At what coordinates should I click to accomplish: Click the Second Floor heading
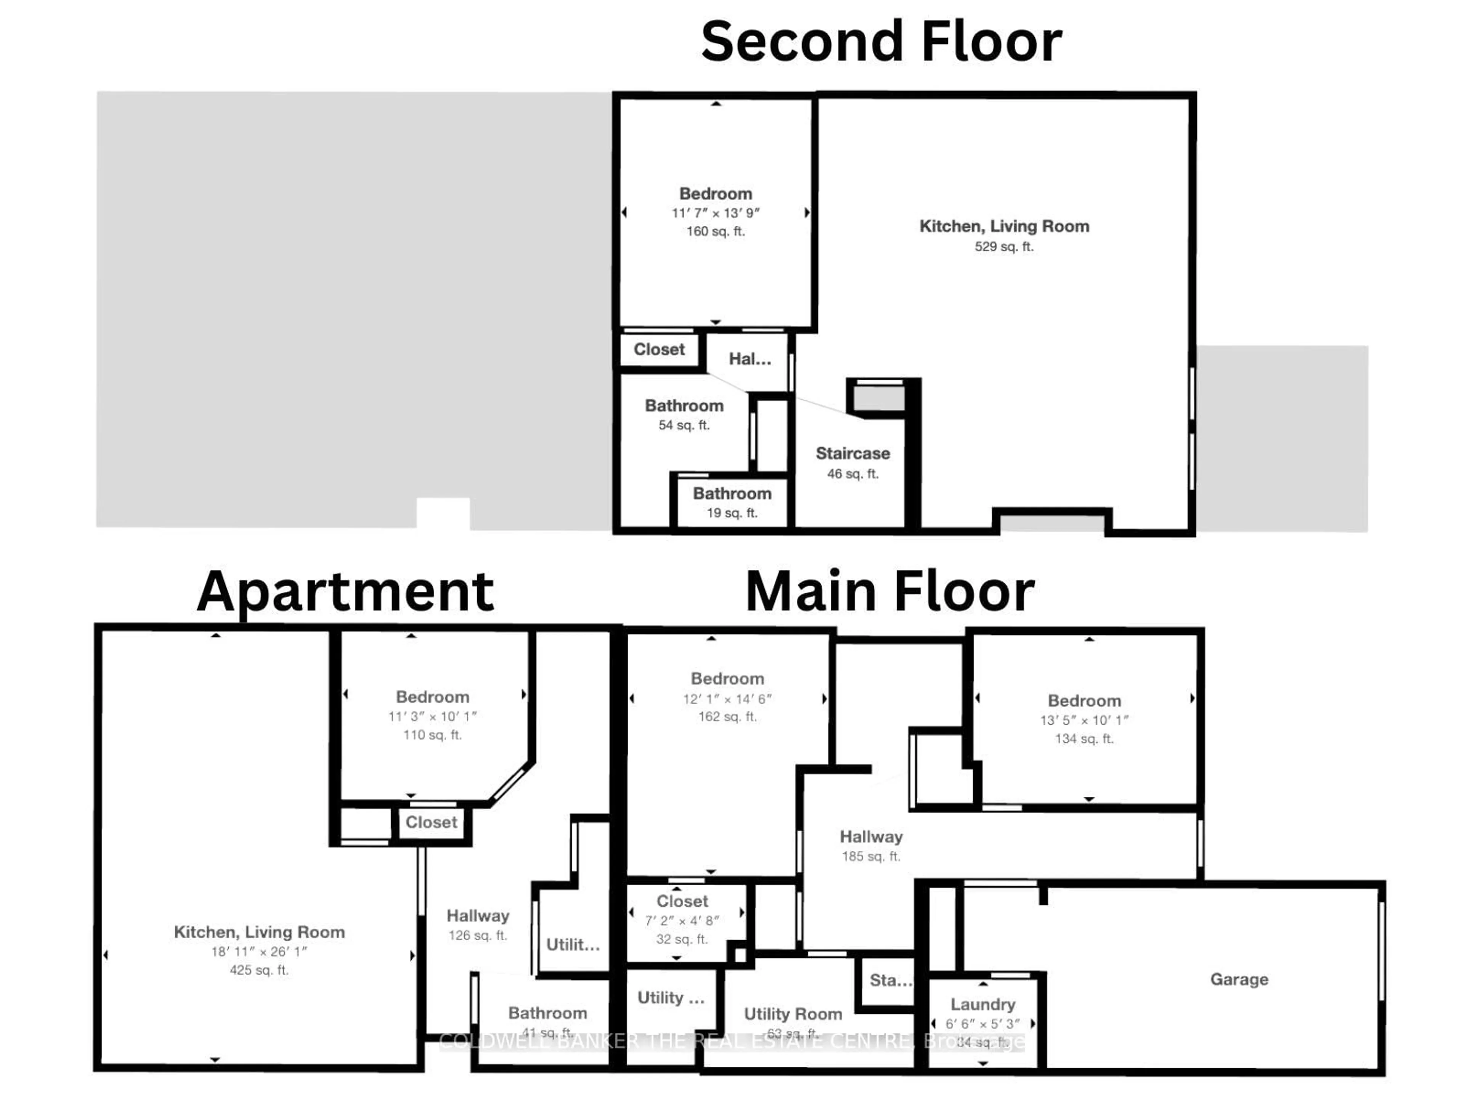tap(881, 42)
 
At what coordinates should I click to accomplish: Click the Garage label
tap(1239, 979)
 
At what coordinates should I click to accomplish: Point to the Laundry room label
tap(983, 1005)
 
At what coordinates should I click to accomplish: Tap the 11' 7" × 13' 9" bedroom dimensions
tap(716, 213)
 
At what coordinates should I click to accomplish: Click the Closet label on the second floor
tap(659, 350)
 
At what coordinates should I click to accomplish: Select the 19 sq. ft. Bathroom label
tap(732, 494)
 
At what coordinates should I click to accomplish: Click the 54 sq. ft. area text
tap(684, 425)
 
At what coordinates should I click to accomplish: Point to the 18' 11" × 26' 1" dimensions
tap(259, 952)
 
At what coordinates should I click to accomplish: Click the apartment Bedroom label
tap(432, 697)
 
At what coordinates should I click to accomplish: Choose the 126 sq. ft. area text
tap(477, 935)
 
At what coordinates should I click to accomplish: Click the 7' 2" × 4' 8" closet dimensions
tap(682, 921)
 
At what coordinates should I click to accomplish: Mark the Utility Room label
tap(793, 1014)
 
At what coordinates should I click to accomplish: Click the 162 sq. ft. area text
tap(727, 717)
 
